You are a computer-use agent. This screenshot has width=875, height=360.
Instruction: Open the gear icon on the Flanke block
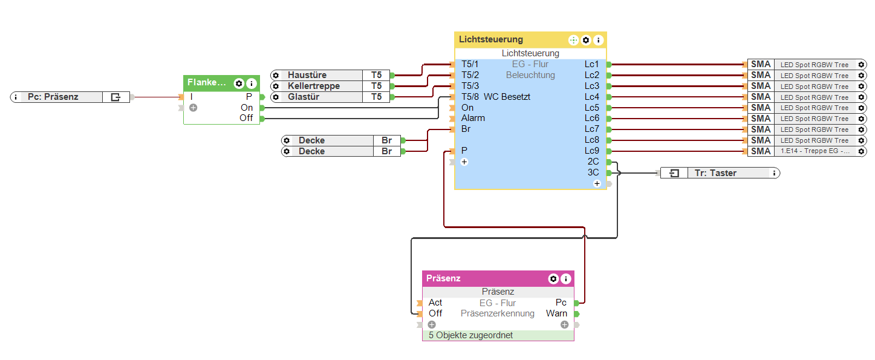click(239, 83)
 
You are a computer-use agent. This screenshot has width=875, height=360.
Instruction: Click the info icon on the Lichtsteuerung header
click(598, 41)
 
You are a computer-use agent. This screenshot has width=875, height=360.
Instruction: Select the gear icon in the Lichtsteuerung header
click(586, 41)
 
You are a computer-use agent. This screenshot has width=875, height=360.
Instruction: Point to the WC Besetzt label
click(507, 97)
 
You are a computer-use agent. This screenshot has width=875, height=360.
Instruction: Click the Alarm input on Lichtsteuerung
click(473, 118)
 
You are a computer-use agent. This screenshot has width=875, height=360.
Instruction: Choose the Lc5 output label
click(591, 108)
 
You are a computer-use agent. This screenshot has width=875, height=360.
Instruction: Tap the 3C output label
click(593, 172)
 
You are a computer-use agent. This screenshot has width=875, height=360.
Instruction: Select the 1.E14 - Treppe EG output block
click(814, 151)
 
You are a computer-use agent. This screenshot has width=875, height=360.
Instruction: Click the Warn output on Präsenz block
click(556, 313)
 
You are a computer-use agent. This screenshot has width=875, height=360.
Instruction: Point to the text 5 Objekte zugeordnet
click(470, 335)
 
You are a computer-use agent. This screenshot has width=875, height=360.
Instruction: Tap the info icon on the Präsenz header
click(565, 279)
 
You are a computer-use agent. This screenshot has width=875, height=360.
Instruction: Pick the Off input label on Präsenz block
click(435, 313)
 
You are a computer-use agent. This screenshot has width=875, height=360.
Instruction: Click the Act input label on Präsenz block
click(435, 303)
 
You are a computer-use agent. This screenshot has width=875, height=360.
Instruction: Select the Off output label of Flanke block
click(246, 118)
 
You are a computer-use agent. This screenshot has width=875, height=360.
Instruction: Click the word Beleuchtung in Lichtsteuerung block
click(530, 75)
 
